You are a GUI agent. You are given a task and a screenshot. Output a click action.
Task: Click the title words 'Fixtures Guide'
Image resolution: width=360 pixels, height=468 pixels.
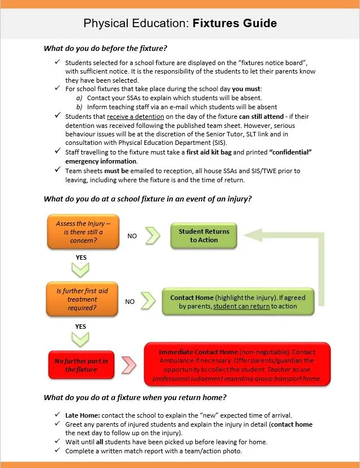234,23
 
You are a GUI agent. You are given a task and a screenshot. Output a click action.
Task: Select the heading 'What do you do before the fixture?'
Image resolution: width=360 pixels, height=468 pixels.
105,49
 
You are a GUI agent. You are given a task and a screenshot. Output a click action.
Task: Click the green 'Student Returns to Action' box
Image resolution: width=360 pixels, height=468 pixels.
204,235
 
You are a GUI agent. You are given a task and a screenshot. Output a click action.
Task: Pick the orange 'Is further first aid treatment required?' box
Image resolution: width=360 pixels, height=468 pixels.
82,299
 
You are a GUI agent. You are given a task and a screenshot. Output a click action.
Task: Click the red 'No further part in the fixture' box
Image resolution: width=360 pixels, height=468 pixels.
81,365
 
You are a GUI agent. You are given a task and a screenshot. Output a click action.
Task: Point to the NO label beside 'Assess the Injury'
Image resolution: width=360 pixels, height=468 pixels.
132,236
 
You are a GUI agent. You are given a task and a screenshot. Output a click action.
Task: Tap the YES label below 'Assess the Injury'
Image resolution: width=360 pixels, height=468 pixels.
81,256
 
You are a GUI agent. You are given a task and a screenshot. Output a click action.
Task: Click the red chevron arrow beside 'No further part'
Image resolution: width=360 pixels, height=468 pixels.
130,365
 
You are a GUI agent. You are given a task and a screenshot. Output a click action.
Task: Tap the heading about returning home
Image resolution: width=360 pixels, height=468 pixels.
135,398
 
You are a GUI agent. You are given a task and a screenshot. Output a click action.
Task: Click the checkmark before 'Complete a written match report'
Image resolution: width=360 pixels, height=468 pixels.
57,451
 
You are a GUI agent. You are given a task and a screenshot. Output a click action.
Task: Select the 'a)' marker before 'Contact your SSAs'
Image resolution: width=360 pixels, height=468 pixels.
79,98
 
